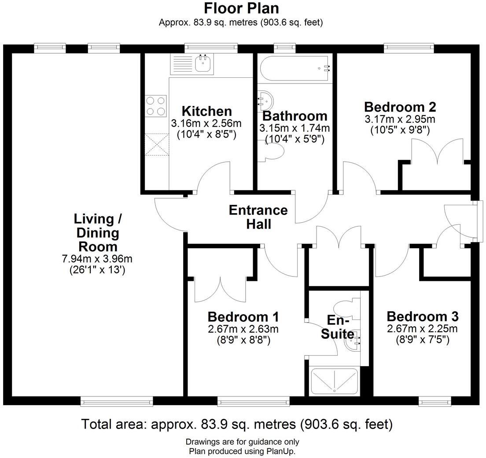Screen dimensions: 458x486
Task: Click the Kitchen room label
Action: [206, 111]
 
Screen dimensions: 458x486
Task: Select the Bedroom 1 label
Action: [243, 317]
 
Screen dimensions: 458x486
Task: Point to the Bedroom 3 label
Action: [422, 316]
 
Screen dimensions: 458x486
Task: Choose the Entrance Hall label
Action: [258, 217]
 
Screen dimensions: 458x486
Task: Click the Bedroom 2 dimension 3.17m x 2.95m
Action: [400, 119]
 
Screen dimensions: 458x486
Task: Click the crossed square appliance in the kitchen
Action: [156, 145]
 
